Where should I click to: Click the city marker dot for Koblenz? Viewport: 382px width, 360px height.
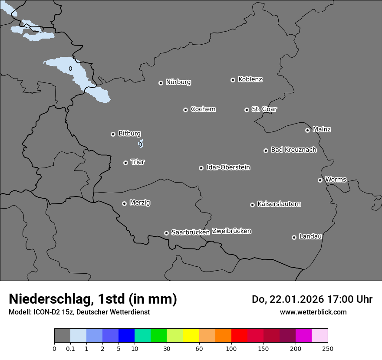pyautogui.click(x=233, y=80)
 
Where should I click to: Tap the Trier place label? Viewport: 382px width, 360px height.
pyautogui.click(x=138, y=162)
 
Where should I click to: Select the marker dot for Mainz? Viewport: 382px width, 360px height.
pyautogui.click(x=307, y=130)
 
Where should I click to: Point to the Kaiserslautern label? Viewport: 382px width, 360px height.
pyautogui.click(x=279, y=204)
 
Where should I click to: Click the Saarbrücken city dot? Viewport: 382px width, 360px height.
pyautogui.click(x=166, y=233)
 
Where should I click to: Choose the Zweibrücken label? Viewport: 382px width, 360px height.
pyautogui.click(x=231, y=231)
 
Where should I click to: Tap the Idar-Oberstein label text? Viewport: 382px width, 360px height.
pyautogui.click(x=228, y=167)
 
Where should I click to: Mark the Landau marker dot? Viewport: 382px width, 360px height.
pyautogui.click(x=294, y=237)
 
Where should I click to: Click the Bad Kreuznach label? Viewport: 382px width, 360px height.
pyautogui.click(x=294, y=150)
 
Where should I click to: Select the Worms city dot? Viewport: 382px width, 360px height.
pyautogui.click(x=320, y=180)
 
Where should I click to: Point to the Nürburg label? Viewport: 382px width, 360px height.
pyautogui.click(x=178, y=82)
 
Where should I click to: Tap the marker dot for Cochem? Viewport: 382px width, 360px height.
pyautogui.click(x=185, y=110)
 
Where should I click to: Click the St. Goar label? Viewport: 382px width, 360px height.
pyautogui.click(x=264, y=109)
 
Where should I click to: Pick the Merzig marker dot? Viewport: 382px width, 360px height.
pyautogui.click(x=124, y=203)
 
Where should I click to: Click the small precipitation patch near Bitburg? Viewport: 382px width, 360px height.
pyautogui.click(x=141, y=144)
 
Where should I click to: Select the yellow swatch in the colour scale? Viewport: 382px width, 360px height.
pyautogui.click(x=191, y=336)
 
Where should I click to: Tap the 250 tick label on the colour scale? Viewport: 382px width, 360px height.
pyautogui.click(x=328, y=348)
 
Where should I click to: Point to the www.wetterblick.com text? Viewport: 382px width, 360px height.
pyautogui.click(x=313, y=312)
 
